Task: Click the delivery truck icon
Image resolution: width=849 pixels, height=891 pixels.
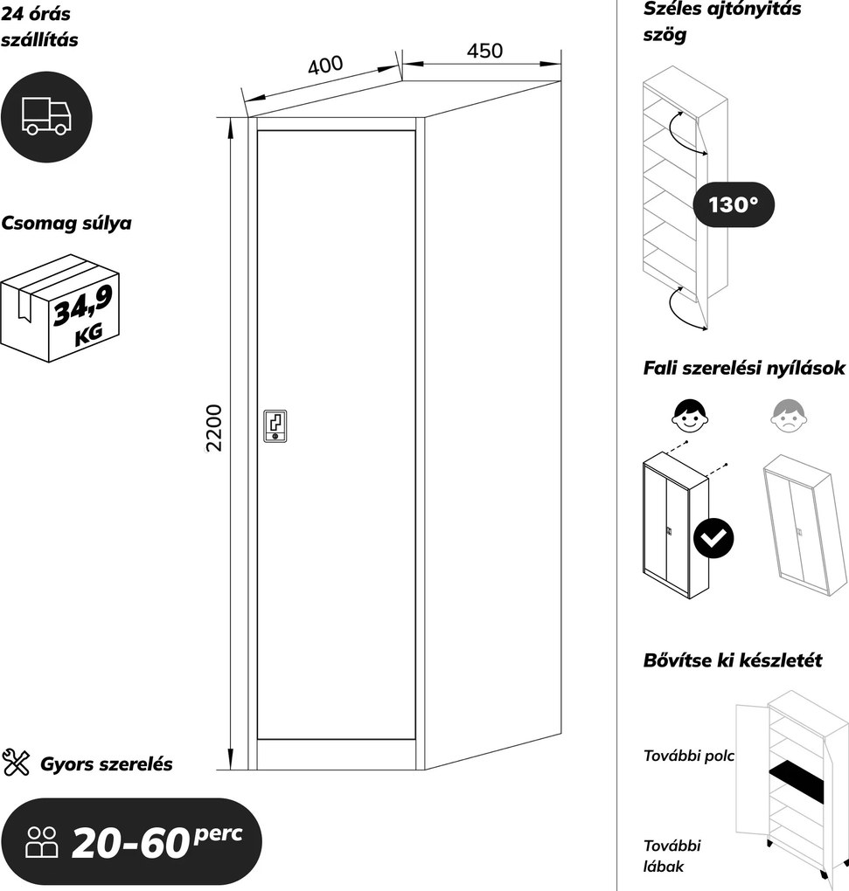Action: (46, 116)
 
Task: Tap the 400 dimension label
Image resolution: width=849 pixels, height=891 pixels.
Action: (325, 65)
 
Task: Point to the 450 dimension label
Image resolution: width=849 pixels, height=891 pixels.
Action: (484, 51)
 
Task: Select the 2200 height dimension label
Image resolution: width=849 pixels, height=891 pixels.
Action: (214, 428)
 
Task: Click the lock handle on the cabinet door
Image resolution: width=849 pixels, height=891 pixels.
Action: (275, 425)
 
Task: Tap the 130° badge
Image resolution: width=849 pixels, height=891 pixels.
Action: (734, 204)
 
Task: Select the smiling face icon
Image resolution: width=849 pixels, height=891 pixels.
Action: (690, 415)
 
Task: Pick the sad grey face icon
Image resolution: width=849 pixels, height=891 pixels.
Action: (789, 416)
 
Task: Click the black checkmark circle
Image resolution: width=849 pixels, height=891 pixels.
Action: (713, 537)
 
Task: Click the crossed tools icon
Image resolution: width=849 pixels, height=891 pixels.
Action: (16, 763)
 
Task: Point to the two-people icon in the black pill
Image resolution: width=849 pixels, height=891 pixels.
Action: (42, 841)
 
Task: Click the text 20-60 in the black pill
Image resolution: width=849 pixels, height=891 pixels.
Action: (130, 842)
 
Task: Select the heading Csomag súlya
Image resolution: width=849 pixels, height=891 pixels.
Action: (66, 224)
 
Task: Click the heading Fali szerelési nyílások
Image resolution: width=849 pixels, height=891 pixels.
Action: (744, 369)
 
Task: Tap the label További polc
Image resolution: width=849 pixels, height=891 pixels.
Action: (689, 756)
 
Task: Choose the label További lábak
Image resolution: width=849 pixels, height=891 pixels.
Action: (672, 856)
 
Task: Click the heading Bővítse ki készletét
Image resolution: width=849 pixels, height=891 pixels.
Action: (733, 660)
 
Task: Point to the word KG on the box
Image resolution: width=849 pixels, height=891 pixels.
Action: (88, 334)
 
